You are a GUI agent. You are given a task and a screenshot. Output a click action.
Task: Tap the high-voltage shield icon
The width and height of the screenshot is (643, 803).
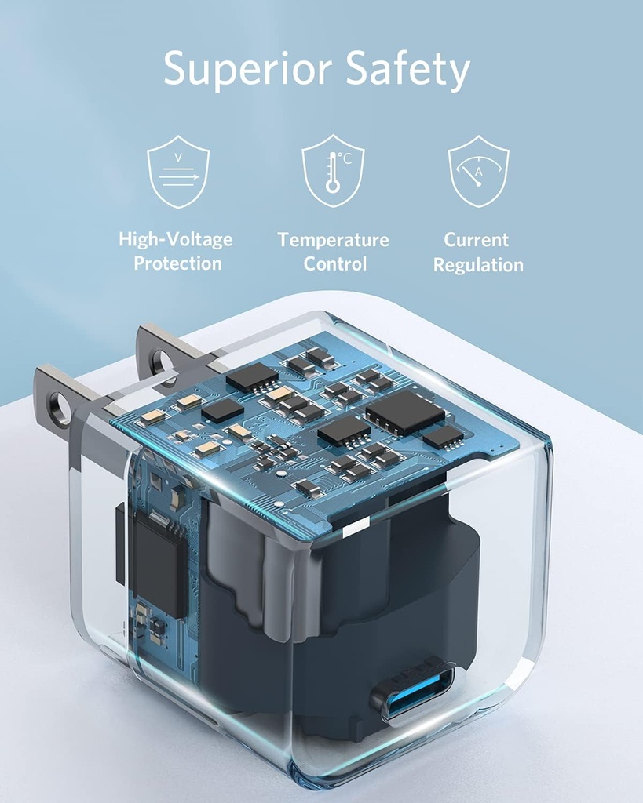tap(178, 172)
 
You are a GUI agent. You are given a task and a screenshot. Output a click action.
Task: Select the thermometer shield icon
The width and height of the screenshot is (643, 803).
tap(333, 171)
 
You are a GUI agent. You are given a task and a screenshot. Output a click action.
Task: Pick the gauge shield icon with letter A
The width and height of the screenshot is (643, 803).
tap(478, 171)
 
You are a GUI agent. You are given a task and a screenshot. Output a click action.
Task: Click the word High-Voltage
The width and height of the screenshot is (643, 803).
tap(176, 240)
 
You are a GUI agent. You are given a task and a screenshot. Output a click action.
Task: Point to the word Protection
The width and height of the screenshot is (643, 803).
tap(177, 263)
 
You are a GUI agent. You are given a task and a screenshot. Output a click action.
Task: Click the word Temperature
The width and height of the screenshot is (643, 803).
tap(333, 240)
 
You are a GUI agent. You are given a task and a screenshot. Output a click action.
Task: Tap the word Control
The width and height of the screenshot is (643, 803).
tap(335, 263)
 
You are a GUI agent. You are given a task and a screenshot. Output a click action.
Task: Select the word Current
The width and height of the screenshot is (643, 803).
tap(477, 240)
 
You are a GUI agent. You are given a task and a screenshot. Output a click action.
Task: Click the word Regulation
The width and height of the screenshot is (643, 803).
tap(478, 265)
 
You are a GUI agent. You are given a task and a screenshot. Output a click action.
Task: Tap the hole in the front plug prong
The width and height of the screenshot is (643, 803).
tap(60, 408)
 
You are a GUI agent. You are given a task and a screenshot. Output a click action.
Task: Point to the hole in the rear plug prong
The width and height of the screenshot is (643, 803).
tap(162, 362)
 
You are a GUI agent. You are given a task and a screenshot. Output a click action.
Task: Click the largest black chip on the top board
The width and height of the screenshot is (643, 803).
tap(404, 412)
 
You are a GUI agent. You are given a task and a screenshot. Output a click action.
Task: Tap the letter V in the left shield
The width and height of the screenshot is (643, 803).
tap(178, 157)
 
